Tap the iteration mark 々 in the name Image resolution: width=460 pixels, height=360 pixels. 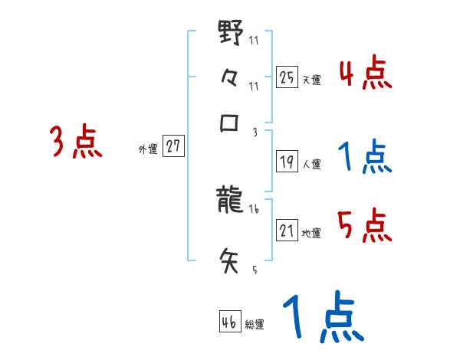(231, 80)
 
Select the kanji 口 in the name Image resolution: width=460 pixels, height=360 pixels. (231, 123)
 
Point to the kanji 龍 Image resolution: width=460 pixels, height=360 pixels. (231, 202)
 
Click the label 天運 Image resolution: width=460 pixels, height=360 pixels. (312, 80)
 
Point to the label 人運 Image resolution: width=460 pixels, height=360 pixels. (312, 164)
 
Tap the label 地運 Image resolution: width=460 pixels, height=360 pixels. (312, 233)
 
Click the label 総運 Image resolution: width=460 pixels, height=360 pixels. (255, 325)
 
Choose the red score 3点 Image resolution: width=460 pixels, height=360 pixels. (76, 142)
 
